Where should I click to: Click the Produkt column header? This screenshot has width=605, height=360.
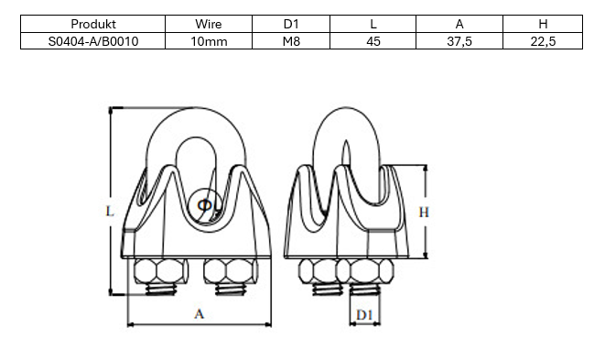[x=93, y=24]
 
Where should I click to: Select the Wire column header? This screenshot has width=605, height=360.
[x=209, y=24]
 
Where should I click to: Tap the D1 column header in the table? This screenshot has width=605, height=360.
[x=291, y=24]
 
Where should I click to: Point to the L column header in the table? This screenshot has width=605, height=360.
[x=373, y=24]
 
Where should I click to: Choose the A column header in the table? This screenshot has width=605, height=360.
[x=459, y=24]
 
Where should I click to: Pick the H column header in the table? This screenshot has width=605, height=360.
[x=543, y=24]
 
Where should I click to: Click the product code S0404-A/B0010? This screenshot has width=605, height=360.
[x=93, y=41]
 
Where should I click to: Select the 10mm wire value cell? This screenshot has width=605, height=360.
[x=209, y=41]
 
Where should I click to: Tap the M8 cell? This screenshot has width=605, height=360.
[x=291, y=41]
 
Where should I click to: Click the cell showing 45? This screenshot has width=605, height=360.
[x=373, y=41]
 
